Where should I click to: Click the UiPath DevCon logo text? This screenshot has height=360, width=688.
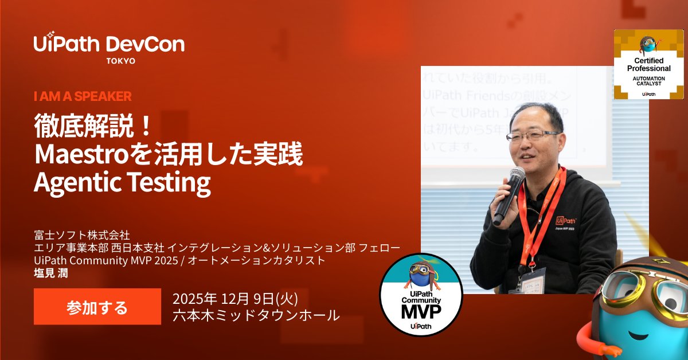click(109, 44)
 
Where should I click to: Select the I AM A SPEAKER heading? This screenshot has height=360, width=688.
click(83, 96)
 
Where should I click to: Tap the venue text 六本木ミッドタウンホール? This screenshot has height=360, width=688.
click(256, 315)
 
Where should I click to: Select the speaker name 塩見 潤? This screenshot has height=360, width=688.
click(51, 272)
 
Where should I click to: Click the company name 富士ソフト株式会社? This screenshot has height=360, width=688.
click(83, 234)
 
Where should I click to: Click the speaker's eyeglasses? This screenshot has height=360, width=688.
click(531, 136)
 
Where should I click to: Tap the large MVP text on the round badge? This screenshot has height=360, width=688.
click(420, 313)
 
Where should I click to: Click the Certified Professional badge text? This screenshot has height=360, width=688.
click(648, 64)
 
